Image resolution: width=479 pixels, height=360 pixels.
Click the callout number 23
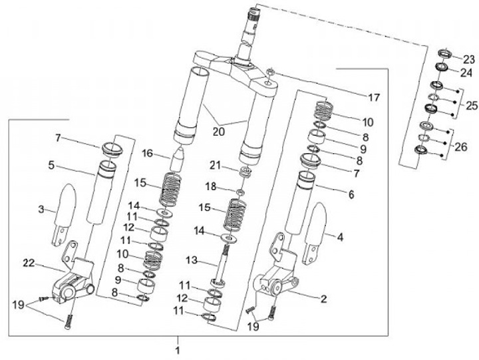pos(469,60)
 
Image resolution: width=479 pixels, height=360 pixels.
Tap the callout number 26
pos(461,147)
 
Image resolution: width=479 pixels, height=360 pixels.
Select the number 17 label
pos(374,98)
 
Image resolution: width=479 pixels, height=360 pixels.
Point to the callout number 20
pos(219,132)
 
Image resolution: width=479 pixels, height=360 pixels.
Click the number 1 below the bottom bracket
pos(178,350)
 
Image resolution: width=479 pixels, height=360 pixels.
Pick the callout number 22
pos(29,263)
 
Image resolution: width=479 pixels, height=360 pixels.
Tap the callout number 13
pos(192,260)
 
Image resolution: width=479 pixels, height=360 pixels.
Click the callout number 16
pos(147,153)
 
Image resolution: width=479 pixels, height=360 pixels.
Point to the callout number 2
pos(323,299)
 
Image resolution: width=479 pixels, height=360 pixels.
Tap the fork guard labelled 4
pos(315,233)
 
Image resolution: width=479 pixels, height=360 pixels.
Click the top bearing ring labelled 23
pos(445,54)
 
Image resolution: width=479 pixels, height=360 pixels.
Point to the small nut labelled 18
pos(241,192)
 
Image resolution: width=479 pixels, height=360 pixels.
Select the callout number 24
pos(466,73)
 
